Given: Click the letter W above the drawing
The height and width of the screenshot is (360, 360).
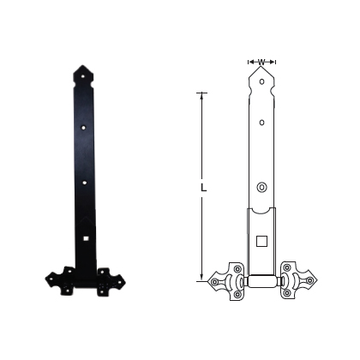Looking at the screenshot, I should (261, 61).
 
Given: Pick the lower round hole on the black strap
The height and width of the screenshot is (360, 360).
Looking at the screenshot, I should (85, 183).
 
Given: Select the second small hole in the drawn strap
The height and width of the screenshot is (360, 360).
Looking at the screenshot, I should (261, 123).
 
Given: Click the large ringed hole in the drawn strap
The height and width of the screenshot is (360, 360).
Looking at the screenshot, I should (261, 188).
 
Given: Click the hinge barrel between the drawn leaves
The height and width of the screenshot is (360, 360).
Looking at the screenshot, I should (261, 279).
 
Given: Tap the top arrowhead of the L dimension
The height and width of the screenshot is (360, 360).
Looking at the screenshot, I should (202, 93).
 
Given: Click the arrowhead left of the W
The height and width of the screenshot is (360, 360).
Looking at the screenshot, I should (250, 62).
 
